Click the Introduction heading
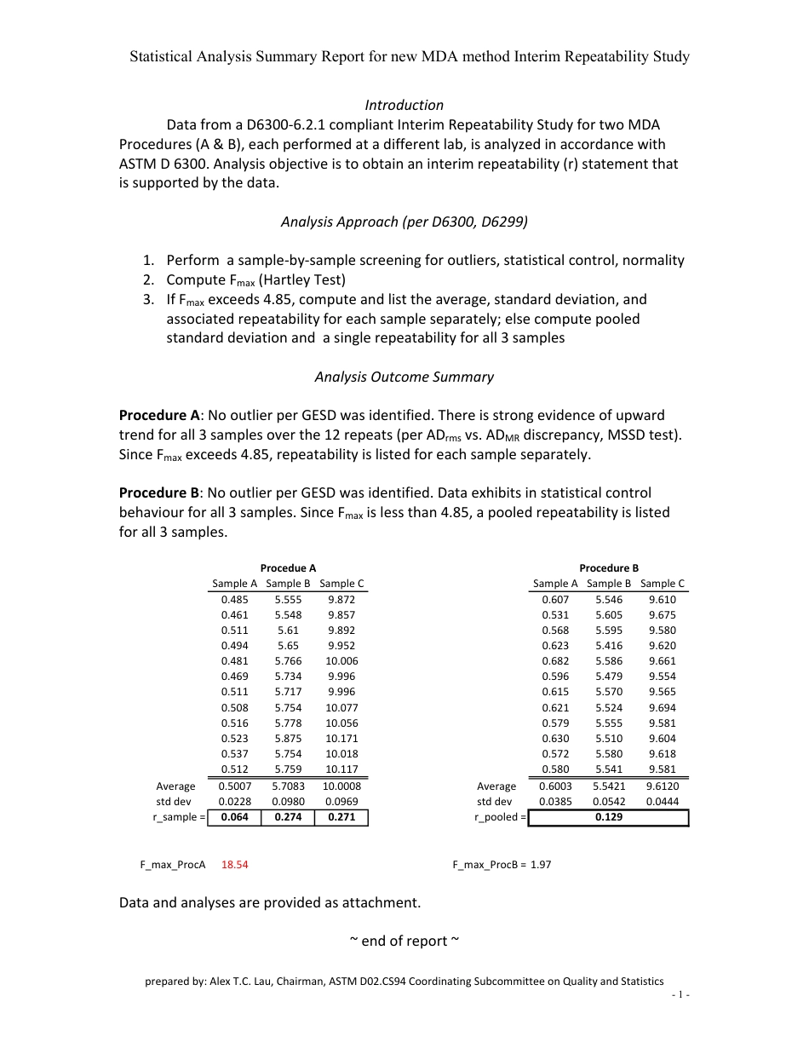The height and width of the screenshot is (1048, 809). coord(404,105)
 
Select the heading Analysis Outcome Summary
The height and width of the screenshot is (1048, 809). coord(404,377)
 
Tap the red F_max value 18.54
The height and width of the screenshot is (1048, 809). coord(234,864)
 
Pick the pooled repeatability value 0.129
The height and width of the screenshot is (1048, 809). coord(608,817)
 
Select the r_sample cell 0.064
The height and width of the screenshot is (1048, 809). coord(234,817)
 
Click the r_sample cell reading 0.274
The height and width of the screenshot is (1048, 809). coord(288,817)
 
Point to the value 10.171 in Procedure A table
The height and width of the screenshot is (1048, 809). coord(341,738)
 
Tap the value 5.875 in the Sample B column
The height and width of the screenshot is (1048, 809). coord(288,738)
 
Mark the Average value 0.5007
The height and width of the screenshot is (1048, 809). coord(234,786)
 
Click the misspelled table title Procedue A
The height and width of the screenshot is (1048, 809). coord(288,568)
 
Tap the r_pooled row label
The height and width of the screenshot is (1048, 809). coord(500,817)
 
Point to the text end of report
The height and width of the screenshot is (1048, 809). coord(404,941)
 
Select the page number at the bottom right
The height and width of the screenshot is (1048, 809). coord(680,995)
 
